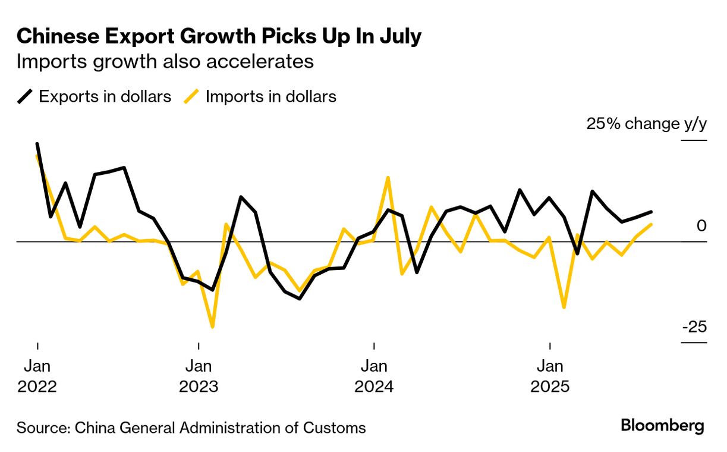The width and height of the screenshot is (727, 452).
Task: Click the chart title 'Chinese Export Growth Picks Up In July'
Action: (x=219, y=37)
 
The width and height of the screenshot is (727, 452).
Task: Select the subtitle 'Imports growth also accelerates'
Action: (x=165, y=62)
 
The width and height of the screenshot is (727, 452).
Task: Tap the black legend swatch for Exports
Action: (x=26, y=96)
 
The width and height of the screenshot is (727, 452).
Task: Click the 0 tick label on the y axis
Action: (x=701, y=226)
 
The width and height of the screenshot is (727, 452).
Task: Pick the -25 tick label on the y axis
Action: (x=694, y=327)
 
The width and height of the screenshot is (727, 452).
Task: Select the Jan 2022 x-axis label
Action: (x=37, y=376)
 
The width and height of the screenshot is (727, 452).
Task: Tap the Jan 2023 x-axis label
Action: (x=199, y=376)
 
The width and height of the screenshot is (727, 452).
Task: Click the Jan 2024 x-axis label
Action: (x=374, y=376)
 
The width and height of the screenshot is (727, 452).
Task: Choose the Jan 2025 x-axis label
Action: (x=550, y=376)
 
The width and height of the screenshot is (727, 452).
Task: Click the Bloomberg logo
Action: (x=662, y=426)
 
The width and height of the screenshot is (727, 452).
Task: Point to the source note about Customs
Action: (x=191, y=427)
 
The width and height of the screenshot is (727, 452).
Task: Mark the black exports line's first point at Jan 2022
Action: (x=37, y=144)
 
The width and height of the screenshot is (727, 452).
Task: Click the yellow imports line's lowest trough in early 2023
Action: (x=212, y=327)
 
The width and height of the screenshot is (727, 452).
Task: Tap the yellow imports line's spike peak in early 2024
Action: (x=388, y=177)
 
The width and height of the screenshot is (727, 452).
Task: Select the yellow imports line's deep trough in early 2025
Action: (x=564, y=307)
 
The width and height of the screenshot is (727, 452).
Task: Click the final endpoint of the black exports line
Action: (x=652, y=212)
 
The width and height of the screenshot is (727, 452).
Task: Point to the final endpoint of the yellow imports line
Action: (x=652, y=224)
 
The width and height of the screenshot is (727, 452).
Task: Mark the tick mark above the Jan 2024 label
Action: (x=374, y=346)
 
